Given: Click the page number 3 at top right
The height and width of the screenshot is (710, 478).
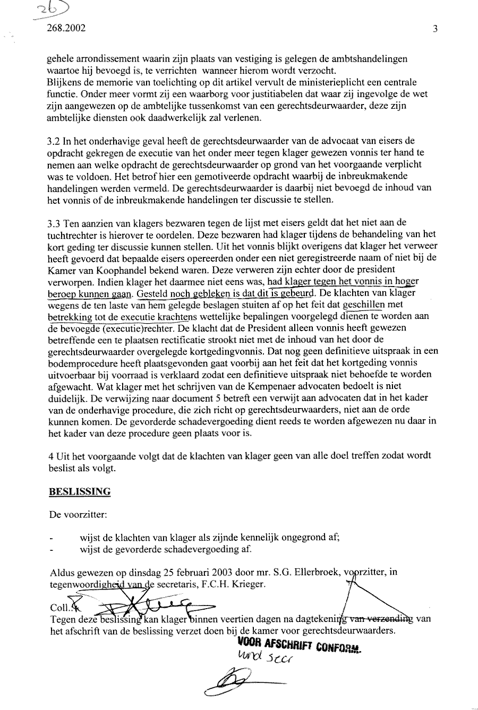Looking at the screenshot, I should tap(435, 29).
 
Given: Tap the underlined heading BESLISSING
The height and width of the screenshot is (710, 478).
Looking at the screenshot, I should tap(80, 491).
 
